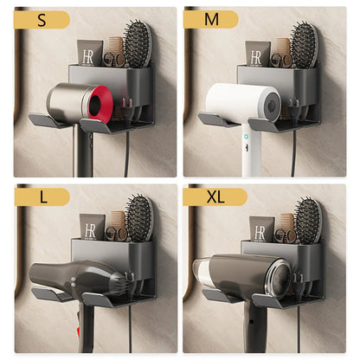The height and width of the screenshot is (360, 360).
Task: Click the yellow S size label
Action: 42,19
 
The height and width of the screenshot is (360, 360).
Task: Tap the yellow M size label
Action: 211,19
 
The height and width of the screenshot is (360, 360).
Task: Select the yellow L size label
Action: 42,196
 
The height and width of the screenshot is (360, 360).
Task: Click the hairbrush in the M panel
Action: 304,45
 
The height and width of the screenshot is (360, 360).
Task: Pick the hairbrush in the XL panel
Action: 307,220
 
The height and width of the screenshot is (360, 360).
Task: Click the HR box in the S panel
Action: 89,54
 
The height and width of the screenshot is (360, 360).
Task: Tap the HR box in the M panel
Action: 257,55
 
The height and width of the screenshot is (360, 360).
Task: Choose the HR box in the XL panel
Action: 261,228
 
